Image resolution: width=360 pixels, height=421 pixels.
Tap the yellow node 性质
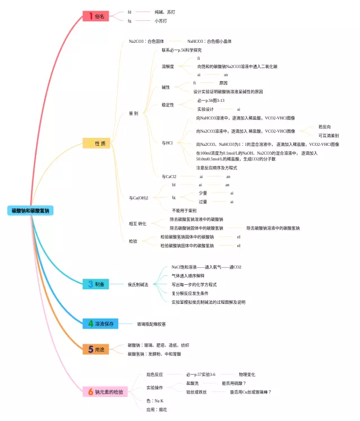coord(96,144)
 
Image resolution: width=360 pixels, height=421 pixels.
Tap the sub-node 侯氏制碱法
coord(138,285)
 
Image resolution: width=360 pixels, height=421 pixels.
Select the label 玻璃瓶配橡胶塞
coord(151,324)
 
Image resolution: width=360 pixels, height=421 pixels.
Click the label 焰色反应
coord(155,374)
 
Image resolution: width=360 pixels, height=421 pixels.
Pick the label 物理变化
coord(246,374)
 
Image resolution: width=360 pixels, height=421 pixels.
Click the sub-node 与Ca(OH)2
coord(138,198)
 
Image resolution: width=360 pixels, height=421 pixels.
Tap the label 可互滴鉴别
coord(328,136)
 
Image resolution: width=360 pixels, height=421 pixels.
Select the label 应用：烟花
coord(156,410)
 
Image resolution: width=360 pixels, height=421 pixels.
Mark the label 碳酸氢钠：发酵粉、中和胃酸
coord(154,354)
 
